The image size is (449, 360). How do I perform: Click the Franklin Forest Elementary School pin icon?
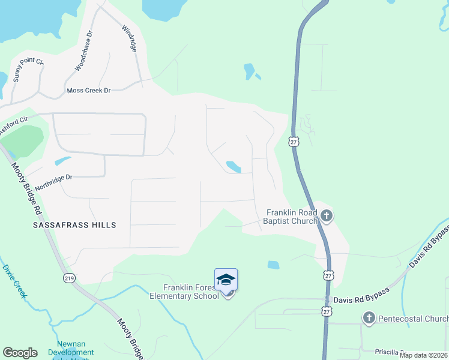(x=226, y=281)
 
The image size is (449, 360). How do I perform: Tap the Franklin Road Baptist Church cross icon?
(x=326, y=215)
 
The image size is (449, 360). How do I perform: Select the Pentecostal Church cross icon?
(x=369, y=317)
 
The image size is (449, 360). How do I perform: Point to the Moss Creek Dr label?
(x=89, y=91)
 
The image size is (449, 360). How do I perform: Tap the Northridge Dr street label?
(x=53, y=182)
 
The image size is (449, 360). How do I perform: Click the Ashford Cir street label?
(x=13, y=125)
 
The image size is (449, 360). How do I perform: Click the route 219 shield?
(x=70, y=278)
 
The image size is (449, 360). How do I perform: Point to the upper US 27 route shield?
(x=293, y=141)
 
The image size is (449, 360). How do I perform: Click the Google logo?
(x=20, y=353)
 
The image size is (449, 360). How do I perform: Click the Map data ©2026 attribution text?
(x=424, y=355)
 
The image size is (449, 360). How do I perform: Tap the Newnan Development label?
(x=71, y=352)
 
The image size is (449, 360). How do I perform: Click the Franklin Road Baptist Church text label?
(x=292, y=217)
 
